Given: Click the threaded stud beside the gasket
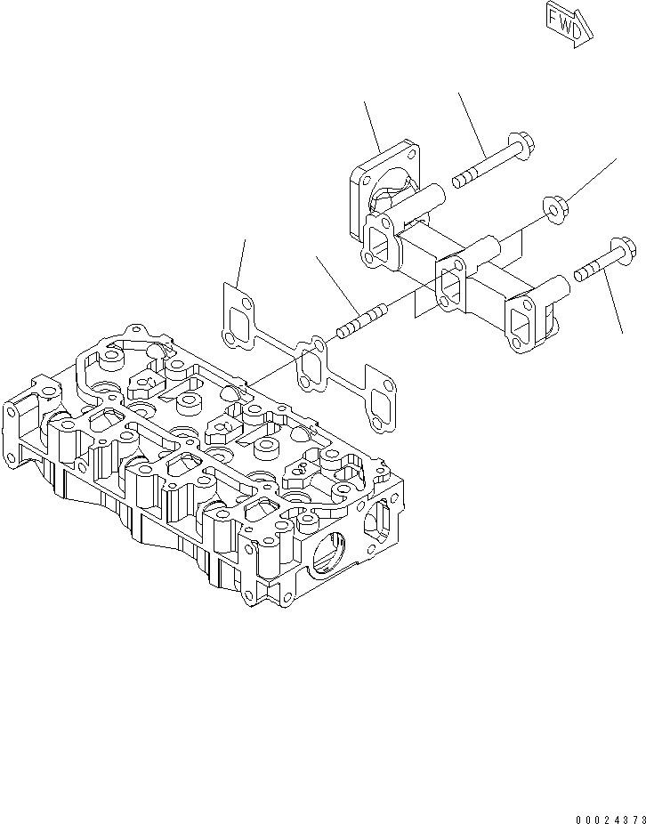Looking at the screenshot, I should [x=361, y=320].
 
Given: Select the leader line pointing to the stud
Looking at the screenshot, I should [x=336, y=281].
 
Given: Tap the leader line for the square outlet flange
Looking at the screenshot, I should [x=372, y=124].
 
